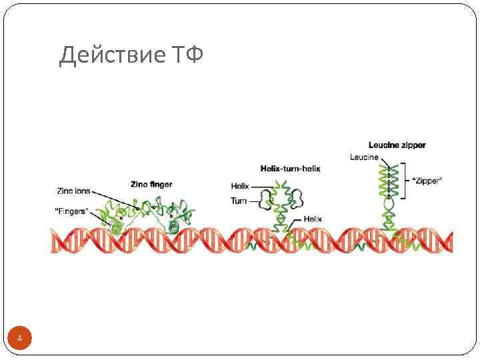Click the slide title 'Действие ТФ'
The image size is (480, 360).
click(131, 55)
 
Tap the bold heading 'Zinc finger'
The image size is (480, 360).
click(151, 183)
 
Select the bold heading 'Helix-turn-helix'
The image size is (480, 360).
click(290, 169)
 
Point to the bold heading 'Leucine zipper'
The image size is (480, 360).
click(397, 145)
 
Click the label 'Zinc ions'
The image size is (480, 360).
click(73, 191)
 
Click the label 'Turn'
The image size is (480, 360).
click(239, 200)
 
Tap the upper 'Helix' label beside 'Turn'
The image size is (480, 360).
click(240, 187)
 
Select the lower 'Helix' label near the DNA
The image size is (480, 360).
click(313, 218)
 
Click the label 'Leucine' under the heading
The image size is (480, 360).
click(363, 157)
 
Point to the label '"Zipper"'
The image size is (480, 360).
click(427, 181)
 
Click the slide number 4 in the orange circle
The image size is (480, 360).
click(20, 339)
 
